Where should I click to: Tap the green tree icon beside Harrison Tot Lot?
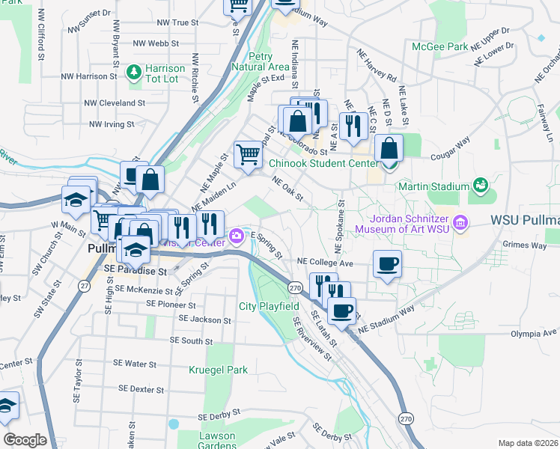click(134, 72)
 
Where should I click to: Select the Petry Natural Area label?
click(261, 61)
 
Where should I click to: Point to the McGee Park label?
click(440, 46)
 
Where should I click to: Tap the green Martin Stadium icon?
click(480, 185)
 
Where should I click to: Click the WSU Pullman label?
click(525, 221)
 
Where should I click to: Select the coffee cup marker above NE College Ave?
click(387, 264)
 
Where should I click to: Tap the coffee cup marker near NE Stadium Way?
click(342, 311)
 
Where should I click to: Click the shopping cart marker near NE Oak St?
click(249, 155)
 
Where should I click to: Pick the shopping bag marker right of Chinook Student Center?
click(388, 148)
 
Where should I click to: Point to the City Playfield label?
click(270, 306)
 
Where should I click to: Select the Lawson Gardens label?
click(217, 441)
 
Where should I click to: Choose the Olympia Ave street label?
click(534, 332)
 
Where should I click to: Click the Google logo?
click(25, 440)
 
